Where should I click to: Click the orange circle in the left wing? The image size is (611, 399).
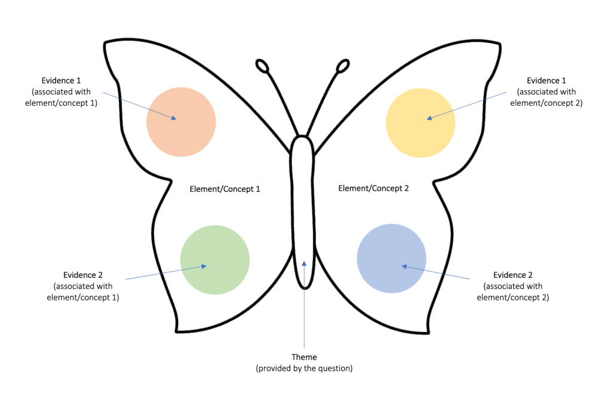tap(181, 122)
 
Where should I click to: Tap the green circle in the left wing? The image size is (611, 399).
tap(214, 260)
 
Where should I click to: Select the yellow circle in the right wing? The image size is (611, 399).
tap(420, 123)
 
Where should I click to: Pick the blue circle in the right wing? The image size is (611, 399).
tap(391, 258)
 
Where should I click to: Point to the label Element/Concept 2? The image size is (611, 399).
tap(373, 188)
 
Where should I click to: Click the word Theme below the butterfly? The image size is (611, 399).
tap(304, 357)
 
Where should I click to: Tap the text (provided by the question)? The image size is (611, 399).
tap(304, 369)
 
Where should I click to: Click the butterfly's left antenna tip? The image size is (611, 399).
tap(262, 65)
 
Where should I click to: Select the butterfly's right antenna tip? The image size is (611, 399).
tap(343, 66)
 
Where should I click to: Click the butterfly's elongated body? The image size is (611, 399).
tap(303, 209)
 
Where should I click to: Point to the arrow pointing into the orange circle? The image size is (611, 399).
tap(139, 106)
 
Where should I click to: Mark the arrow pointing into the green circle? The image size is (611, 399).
tap(166, 272)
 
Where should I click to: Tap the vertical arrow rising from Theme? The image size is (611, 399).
tap(304, 305)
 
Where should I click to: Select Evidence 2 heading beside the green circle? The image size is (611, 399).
tap(83, 275)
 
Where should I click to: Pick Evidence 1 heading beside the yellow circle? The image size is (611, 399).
tap(546, 80)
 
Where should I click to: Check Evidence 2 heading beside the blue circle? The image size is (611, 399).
tap(513, 275)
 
